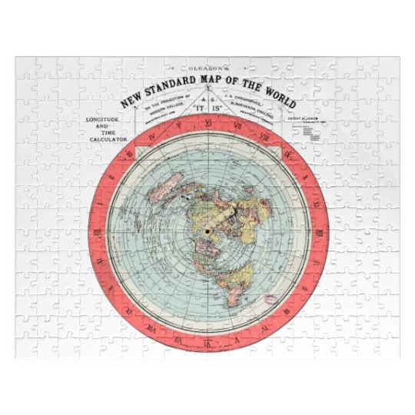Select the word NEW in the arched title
(x=130, y=96)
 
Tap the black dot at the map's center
(x=207, y=231)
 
